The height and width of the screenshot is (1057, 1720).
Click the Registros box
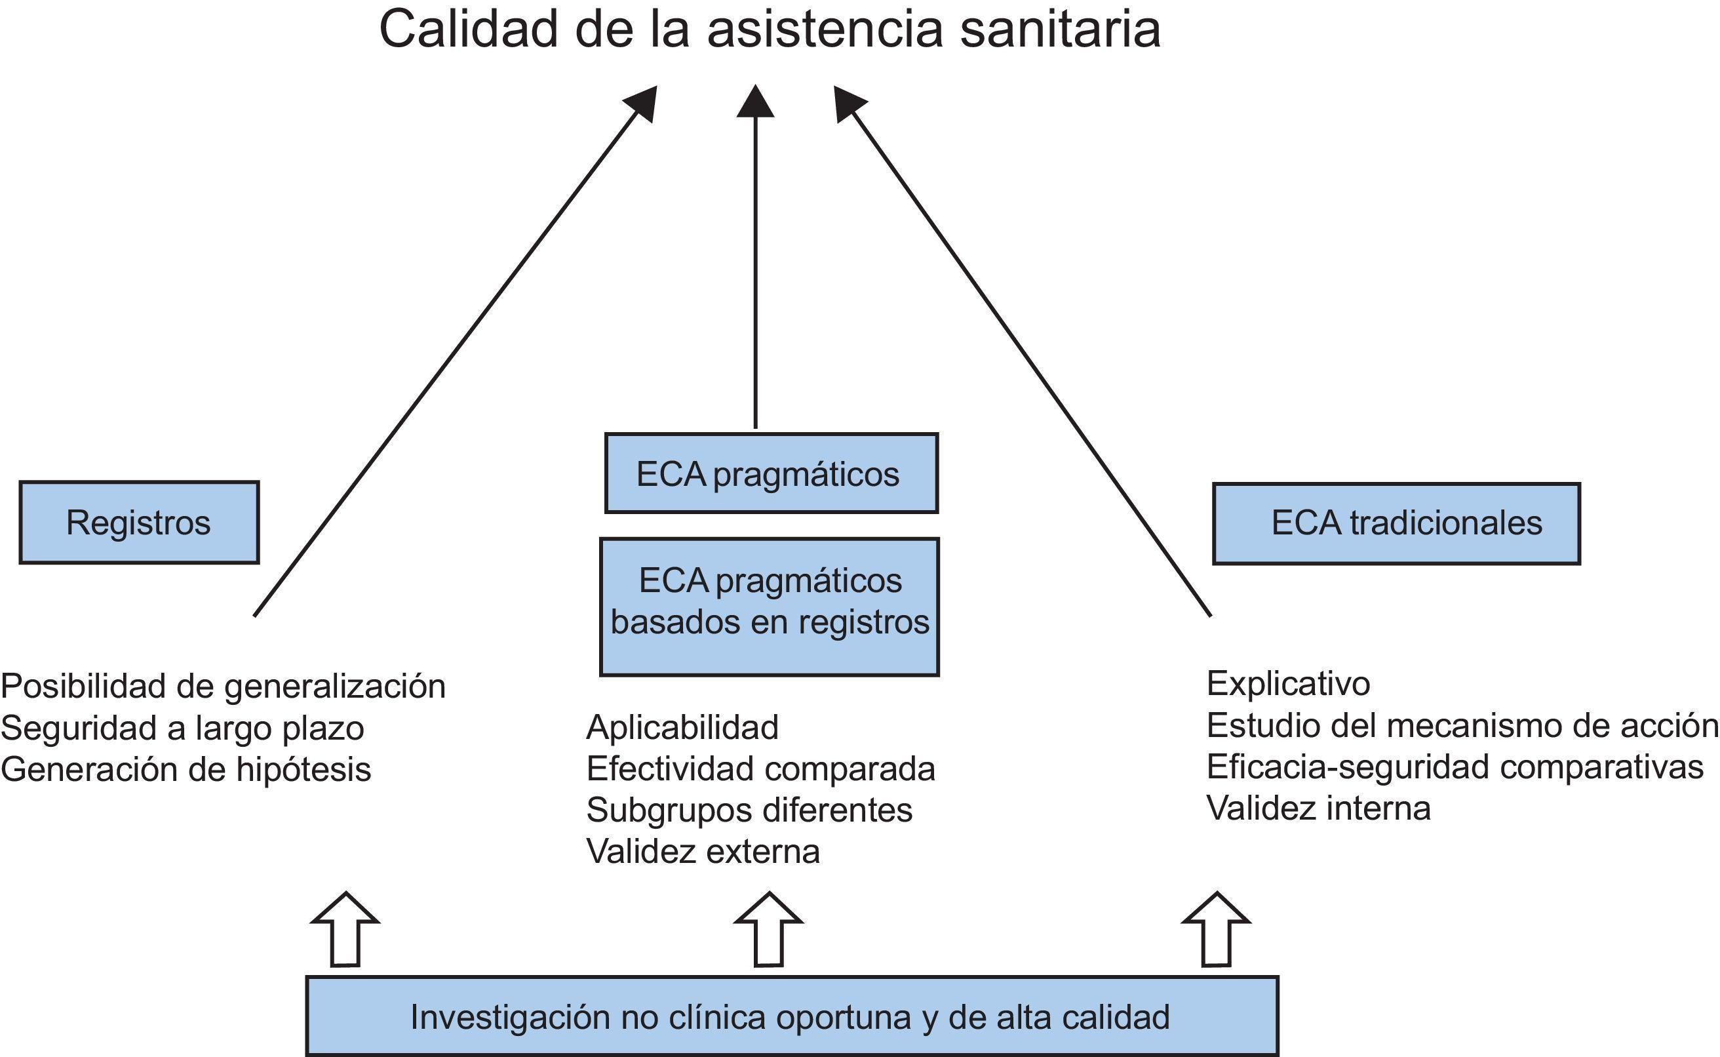139,522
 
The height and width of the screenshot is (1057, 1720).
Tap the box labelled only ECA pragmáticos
771,473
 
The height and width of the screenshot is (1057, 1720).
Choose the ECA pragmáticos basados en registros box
769,606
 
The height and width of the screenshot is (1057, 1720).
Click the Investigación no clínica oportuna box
792,1016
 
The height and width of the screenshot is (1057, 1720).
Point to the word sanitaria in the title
1060,30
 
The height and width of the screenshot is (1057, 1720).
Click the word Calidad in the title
468,30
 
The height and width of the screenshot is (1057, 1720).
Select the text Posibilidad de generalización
223,686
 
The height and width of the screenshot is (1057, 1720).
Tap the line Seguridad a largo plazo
182,728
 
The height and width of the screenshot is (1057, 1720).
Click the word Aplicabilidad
682,727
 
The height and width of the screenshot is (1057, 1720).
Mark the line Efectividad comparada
761,768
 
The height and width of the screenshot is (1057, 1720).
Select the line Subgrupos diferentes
749,810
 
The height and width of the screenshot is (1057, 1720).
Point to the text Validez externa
703,850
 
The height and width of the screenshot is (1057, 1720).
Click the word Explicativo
1288,683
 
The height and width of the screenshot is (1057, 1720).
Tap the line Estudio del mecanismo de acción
1462,725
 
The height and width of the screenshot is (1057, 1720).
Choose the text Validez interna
1318,807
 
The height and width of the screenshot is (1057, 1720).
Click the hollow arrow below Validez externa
768,929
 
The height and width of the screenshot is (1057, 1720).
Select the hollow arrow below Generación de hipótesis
345,929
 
